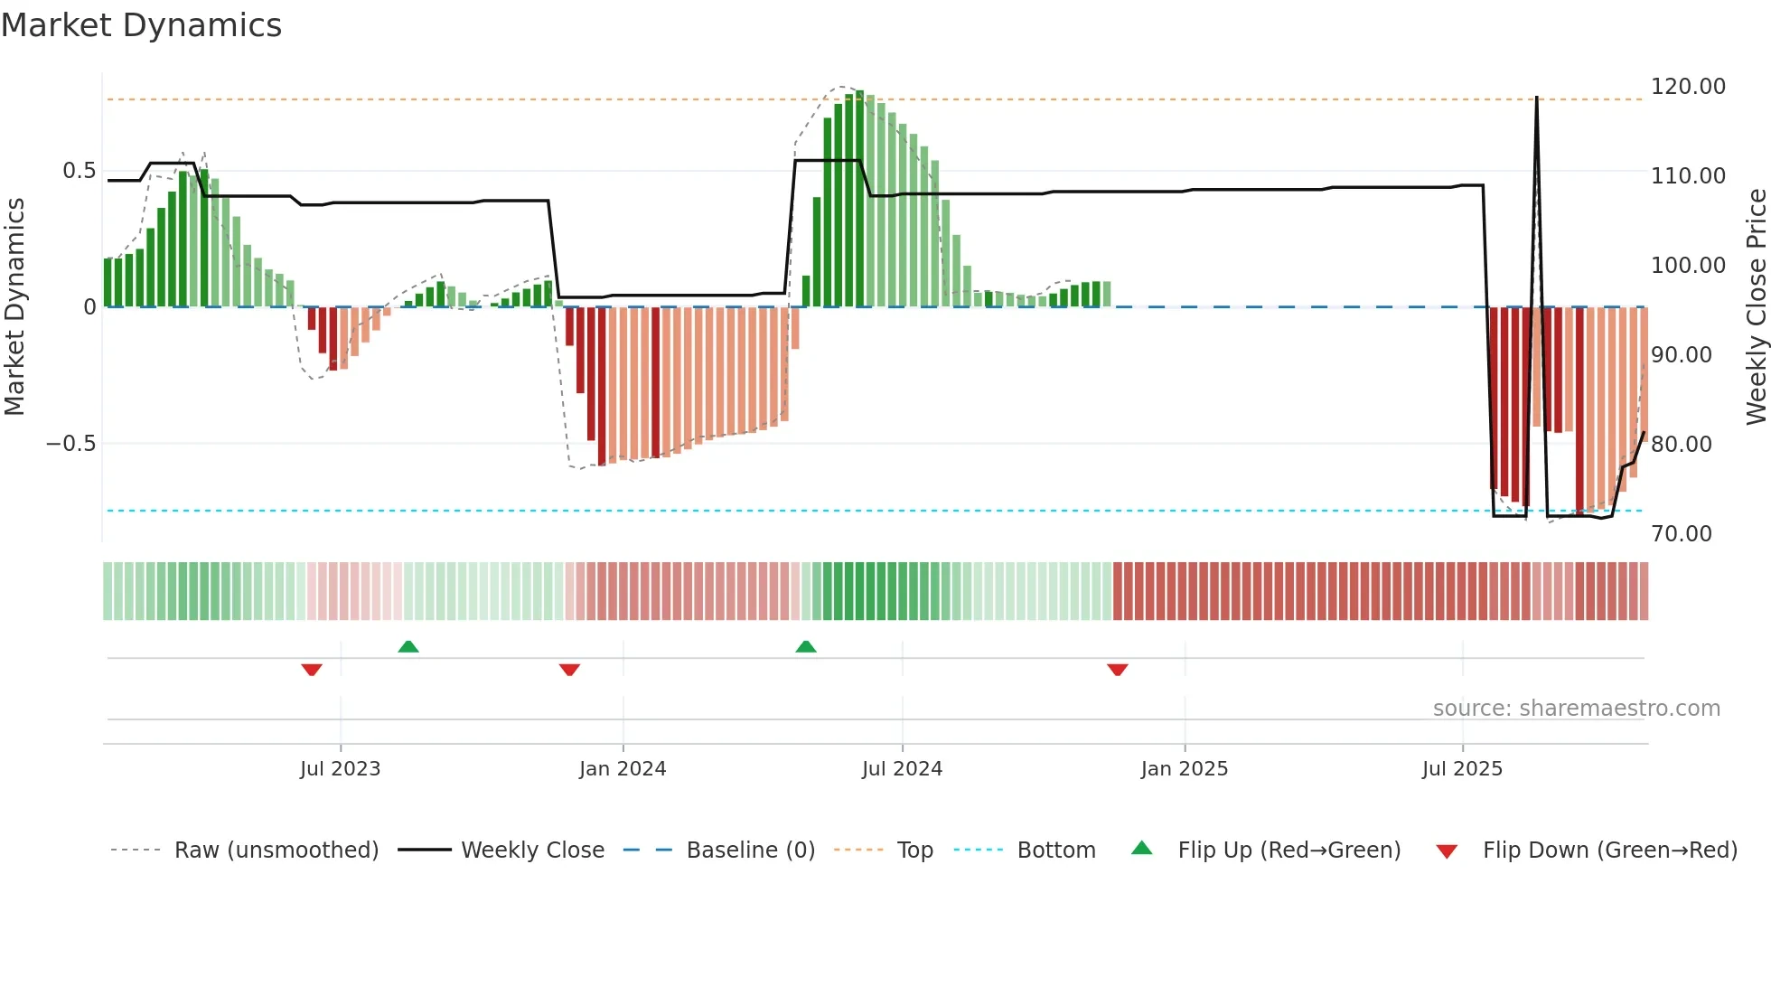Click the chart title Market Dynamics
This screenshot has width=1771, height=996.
tap(142, 25)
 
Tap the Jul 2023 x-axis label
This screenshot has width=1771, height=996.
tap(340, 769)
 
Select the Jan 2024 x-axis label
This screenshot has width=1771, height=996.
tap(623, 769)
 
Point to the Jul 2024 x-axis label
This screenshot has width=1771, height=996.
tap(902, 769)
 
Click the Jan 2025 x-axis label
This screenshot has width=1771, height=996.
tap(1184, 769)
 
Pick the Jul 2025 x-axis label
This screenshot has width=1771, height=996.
tap(1462, 769)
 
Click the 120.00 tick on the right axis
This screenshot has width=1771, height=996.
tap(1688, 87)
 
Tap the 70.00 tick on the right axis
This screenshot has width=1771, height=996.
tap(1682, 534)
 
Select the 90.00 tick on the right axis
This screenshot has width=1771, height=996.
tap(1682, 355)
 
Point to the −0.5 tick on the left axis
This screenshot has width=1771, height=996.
tap(70, 444)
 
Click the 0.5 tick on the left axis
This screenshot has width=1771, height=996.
tap(79, 171)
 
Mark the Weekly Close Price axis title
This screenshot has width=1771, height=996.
tap(1756, 306)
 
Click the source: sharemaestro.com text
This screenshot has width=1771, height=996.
tap(1576, 709)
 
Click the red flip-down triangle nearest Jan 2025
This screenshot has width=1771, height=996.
tap(1118, 670)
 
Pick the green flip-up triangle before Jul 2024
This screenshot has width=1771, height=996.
tap(806, 646)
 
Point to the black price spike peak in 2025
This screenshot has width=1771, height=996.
tap(1536, 98)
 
